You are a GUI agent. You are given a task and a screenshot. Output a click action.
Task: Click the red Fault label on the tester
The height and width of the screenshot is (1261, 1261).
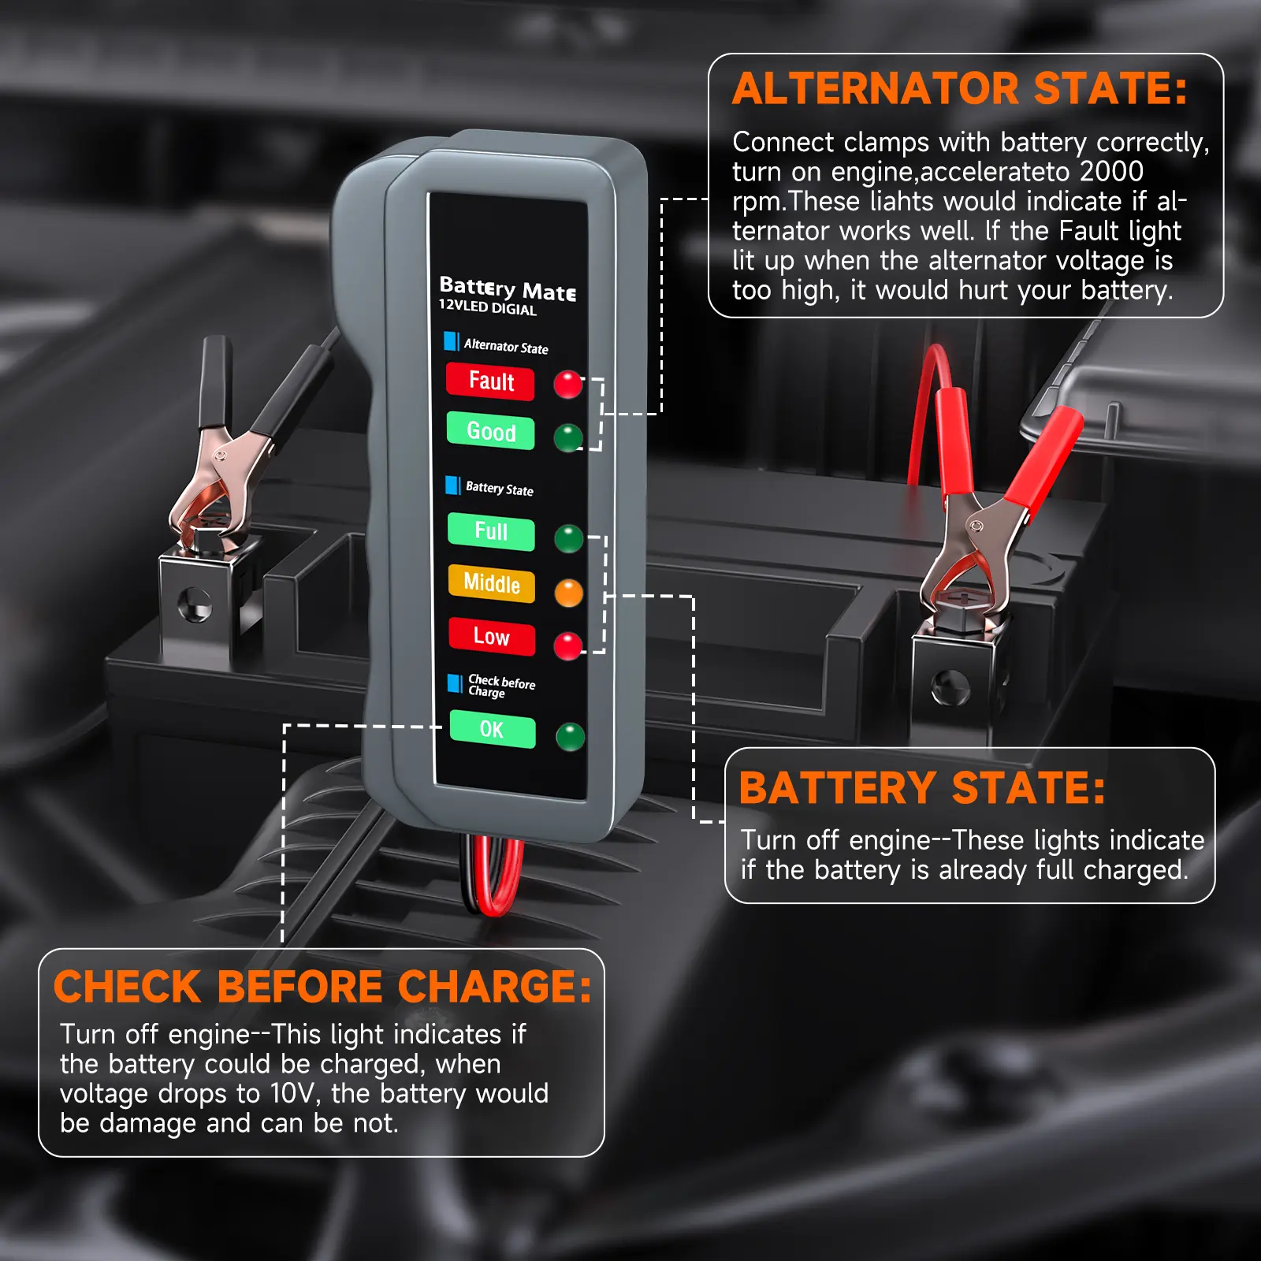(490, 381)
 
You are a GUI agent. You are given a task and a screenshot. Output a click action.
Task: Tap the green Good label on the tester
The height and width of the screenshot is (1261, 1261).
(490, 431)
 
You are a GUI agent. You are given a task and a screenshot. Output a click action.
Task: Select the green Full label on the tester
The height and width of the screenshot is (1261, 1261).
(491, 531)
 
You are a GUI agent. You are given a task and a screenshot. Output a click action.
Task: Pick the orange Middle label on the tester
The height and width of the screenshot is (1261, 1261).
(491, 583)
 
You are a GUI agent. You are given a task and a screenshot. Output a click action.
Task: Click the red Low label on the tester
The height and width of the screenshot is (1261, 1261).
(492, 636)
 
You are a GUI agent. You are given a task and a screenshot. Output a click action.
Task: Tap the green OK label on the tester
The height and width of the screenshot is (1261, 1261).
(493, 729)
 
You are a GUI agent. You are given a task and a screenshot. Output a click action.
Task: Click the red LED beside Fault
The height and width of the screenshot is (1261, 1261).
(567, 385)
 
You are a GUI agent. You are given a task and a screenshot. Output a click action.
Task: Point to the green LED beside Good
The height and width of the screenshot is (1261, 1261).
(568, 437)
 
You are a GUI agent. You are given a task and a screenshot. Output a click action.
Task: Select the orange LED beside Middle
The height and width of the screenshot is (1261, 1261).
(569, 593)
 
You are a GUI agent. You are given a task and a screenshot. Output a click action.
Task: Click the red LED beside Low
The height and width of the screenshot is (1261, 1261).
(568, 645)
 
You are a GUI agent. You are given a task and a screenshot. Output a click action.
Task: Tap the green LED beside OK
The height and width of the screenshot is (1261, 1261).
(571, 737)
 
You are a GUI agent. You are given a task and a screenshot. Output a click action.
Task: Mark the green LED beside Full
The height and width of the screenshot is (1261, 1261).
(569, 539)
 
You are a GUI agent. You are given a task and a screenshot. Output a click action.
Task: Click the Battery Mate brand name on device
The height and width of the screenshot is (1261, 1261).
(508, 288)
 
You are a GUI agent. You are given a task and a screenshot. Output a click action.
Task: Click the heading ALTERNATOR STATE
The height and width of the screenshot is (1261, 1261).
(960, 88)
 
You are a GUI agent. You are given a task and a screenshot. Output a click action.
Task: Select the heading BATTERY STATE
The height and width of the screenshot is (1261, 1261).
(922, 788)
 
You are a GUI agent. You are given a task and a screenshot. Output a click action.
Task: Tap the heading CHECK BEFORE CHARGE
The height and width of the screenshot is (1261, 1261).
(322, 987)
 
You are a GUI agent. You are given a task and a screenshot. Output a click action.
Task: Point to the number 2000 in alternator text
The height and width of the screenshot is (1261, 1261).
(1111, 171)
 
